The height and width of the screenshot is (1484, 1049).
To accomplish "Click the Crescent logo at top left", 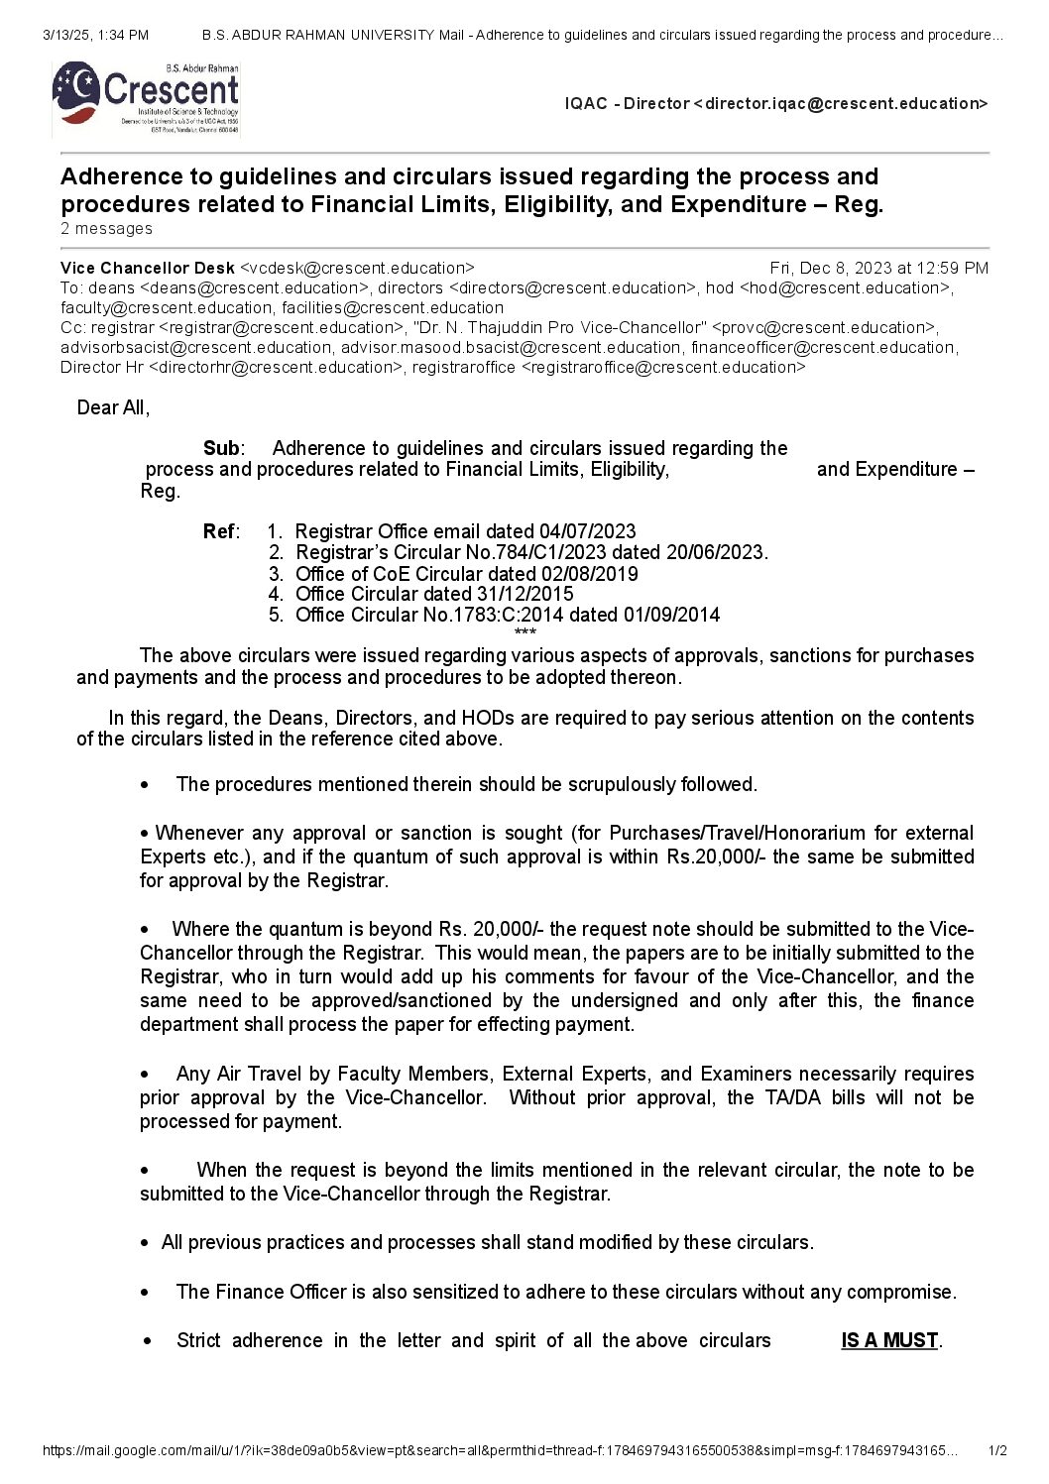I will (146, 97).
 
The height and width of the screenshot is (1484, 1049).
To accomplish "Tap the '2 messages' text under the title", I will (106, 229).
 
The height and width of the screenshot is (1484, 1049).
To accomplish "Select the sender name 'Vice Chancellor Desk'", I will (148, 268).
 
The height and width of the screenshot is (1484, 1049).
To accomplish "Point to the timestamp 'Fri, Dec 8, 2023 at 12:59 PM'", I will (878, 268).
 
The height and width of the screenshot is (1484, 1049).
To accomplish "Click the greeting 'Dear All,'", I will (113, 407).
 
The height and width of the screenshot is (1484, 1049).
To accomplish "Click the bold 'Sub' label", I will (221, 448).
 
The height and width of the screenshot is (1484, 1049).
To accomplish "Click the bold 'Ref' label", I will (219, 531).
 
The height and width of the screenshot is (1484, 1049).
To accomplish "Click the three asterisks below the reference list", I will (525, 632).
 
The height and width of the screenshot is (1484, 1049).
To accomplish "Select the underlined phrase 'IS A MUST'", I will (889, 1340).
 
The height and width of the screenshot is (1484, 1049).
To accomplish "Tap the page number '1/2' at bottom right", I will (997, 1451).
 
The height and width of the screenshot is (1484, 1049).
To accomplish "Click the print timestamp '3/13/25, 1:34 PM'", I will (96, 35).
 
